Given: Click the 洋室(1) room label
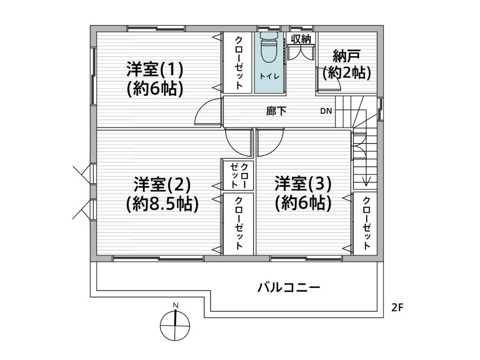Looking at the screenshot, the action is [x=155, y=70].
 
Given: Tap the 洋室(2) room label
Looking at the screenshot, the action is [x=162, y=185].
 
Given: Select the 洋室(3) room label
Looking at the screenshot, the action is [x=303, y=184].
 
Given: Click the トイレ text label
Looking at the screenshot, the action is [x=270, y=76].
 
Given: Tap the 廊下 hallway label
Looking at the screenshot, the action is [x=276, y=111].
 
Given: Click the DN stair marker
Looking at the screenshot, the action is [x=326, y=111].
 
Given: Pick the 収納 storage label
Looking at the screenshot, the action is [x=301, y=39].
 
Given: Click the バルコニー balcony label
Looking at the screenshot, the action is [x=289, y=287].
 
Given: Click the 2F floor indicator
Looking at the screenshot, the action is [x=397, y=307].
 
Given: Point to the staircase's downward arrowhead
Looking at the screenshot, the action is [x=366, y=181].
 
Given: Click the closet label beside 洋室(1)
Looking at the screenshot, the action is [x=239, y=63].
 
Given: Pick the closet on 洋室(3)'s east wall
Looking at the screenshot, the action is [x=366, y=224].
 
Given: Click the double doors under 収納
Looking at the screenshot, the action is [x=301, y=52].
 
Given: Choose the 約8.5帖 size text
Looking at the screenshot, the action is [x=162, y=203].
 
